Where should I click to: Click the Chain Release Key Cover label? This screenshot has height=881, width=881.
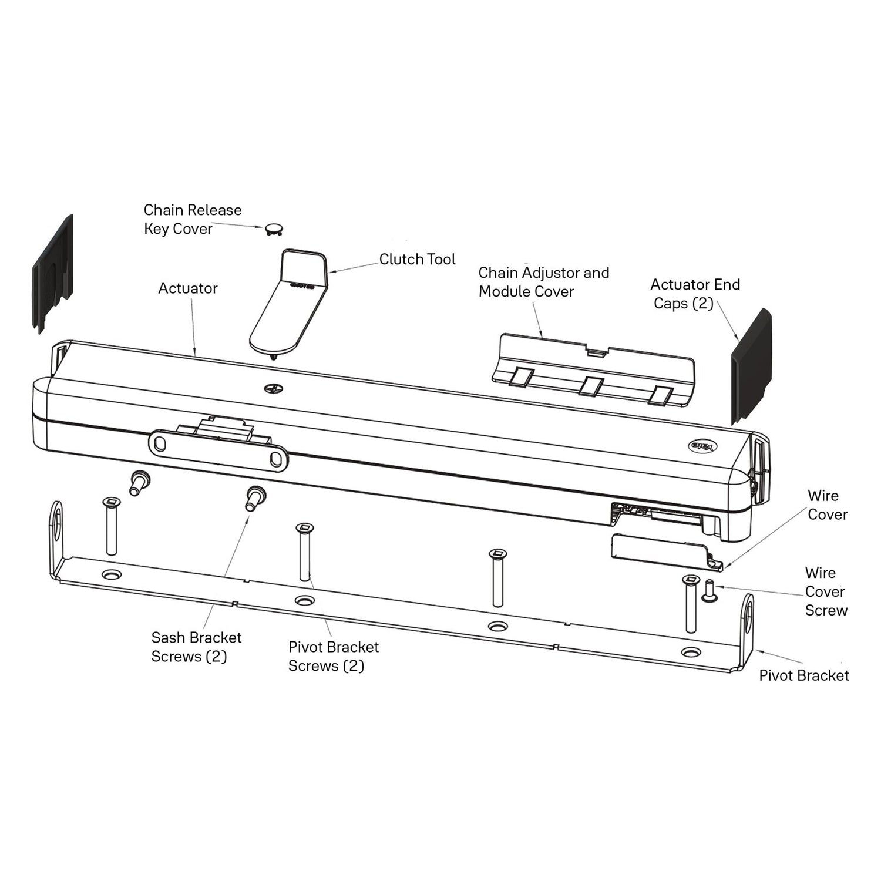pos(192,219)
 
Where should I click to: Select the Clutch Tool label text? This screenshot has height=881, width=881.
pos(417,259)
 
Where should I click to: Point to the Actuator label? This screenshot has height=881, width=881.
pos(188,288)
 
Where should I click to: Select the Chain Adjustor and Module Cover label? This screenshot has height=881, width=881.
pos(543,282)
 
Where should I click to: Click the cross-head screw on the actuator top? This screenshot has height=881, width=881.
pos(273,388)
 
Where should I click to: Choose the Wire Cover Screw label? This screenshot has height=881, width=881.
pos(826,591)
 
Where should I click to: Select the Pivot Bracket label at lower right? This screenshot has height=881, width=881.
pos(803,675)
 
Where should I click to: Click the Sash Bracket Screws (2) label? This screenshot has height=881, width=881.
pos(196,647)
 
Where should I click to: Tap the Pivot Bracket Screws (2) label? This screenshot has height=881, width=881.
pos(333,656)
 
